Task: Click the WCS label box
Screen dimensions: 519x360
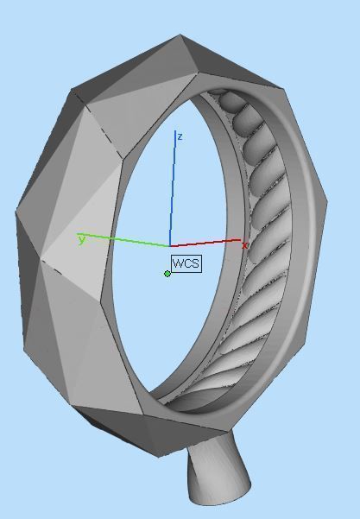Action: click(186, 263)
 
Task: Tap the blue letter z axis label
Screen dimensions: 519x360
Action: click(179, 136)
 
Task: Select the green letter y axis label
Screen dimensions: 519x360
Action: click(82, 239)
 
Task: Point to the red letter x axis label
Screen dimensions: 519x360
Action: click(244, 246)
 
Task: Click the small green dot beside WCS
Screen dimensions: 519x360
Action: click(167, 274)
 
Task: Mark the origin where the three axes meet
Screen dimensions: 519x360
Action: click(170, 246)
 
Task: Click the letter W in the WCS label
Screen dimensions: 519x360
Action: click(178, 263)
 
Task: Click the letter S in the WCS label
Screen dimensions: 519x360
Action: click(195, 263)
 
